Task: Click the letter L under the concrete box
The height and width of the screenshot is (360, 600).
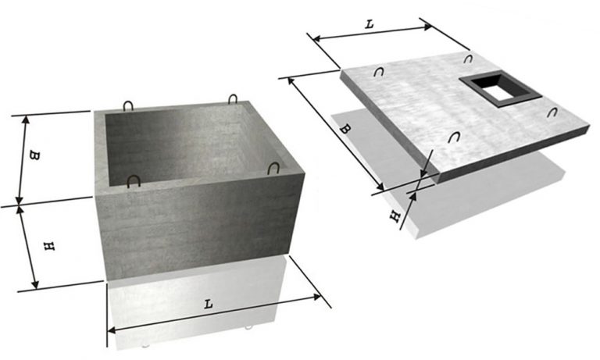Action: coord(208,305)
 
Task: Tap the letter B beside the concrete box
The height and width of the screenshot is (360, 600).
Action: coord(34,155)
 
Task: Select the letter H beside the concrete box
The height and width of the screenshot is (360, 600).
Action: coord(49,246)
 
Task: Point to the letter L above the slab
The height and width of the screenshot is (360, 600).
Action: coord(369,24)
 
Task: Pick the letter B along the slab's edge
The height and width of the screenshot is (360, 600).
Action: coord(345,129)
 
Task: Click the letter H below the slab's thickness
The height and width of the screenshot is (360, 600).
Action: coord(395,217)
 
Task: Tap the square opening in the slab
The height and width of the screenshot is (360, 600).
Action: coord(501,88)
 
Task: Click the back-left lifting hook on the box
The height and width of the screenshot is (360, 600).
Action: coord(128,106)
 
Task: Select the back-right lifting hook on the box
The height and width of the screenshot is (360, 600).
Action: coord(233,99)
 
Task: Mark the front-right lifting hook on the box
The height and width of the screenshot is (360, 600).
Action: coord(273,168)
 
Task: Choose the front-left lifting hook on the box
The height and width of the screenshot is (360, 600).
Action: coord(134,181)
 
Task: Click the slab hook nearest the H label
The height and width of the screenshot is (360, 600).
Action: coord(454,137)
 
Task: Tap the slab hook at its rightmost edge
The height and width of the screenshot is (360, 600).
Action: coord(552,112)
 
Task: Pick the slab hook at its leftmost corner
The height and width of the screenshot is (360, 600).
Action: coord(379,72)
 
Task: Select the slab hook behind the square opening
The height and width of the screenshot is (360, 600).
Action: coord(468,59)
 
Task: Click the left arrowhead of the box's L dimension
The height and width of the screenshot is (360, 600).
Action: coord(112,330)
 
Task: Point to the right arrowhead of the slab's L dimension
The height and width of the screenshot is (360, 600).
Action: coord(427,27)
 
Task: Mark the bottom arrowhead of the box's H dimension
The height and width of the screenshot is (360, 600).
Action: coord(35,284)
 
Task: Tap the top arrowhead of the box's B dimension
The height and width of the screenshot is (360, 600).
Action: coord(26,119)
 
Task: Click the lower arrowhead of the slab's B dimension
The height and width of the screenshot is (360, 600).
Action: coord(380,187)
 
